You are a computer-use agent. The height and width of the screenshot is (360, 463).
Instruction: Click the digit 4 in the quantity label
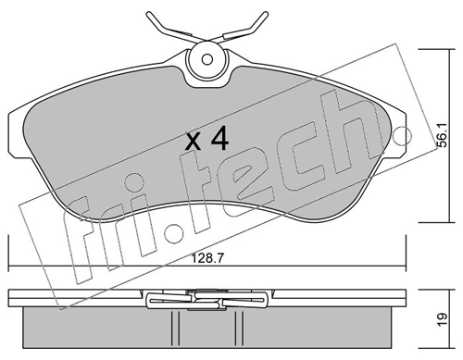(x=219, y=140)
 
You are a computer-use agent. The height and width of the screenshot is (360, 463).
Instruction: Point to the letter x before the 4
(x=194, y=143)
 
